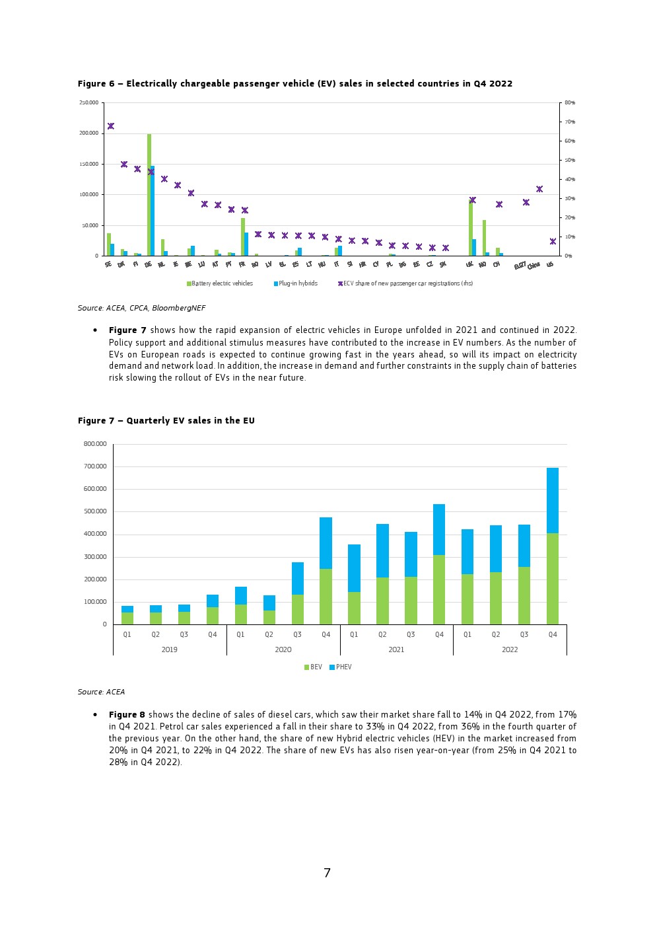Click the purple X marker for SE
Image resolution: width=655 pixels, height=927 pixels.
pos(111,126)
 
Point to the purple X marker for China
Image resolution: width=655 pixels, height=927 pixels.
pos(539,189)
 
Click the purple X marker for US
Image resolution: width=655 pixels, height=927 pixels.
pos(553,241)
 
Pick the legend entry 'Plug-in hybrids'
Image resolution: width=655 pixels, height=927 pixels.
pos(297,283)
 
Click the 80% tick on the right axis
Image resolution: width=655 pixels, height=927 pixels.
pos(569,103)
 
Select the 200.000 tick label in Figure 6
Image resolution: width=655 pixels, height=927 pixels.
pos(89,133)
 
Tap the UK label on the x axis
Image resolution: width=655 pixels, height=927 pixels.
pos(469,264)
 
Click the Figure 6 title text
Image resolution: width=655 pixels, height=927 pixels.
pos(294,84)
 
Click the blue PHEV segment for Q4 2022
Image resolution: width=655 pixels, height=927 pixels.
pos(553,500)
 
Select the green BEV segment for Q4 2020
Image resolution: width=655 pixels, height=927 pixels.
pos(326,597)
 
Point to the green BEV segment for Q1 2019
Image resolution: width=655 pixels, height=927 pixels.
pos(127,618)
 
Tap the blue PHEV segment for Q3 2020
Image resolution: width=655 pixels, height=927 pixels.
pos(297,578)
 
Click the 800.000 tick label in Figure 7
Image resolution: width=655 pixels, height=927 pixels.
pos(95,444)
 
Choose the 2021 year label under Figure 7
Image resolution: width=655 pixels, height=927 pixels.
pos(396,649)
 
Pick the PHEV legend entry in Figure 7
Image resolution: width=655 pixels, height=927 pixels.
pos(341,667)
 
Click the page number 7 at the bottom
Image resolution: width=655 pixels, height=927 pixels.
pos(327,873)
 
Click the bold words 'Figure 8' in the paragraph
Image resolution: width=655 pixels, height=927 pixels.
pos(127,715)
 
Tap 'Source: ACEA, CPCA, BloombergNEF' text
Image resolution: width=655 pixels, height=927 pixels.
pos(141,308)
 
